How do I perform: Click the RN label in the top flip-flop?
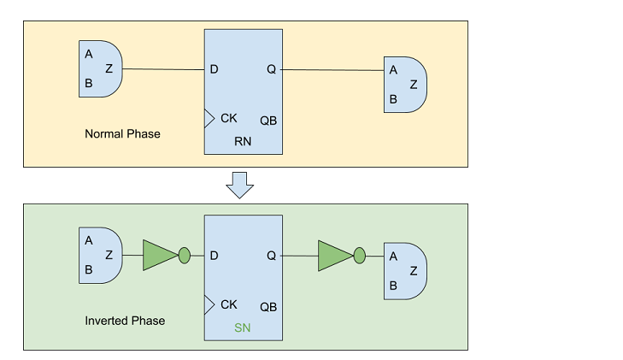242,141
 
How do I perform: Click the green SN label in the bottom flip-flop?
242,328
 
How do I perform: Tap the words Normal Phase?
122,134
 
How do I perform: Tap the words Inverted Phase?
125,321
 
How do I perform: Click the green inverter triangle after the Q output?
334,255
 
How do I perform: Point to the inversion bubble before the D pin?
184,255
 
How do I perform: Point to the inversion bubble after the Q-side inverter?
359,255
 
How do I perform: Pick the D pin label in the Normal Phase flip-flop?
214,69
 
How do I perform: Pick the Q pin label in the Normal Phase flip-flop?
271,69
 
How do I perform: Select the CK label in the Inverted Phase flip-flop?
228,304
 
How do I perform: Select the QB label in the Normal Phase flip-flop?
268,121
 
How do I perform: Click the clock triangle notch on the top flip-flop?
209,118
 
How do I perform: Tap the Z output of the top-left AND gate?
109,68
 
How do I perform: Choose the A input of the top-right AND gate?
393,70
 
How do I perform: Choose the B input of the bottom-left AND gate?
89,269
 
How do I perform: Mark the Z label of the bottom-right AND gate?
414,270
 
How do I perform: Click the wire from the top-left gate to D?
162,69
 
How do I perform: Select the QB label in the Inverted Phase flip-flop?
268,306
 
